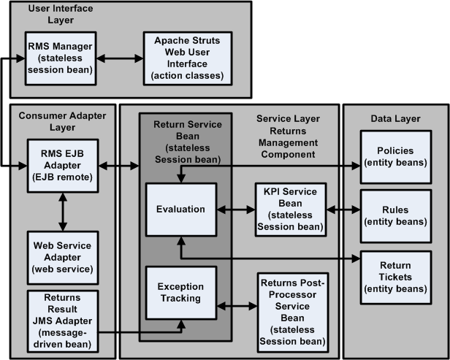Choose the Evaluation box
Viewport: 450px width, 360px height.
click(x=180, y=209)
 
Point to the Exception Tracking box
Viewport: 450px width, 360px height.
click(x=180, y=297)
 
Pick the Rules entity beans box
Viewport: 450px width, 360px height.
click(x=394, y=209)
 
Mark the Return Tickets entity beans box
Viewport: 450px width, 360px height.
click(x=394, y=277)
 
